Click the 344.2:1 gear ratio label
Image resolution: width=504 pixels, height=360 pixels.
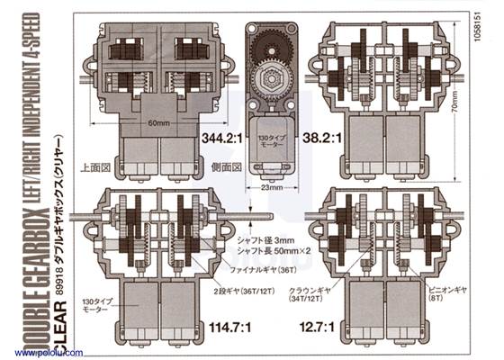pos(220,140)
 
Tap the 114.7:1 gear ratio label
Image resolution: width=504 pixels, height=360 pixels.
pos(227,326)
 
